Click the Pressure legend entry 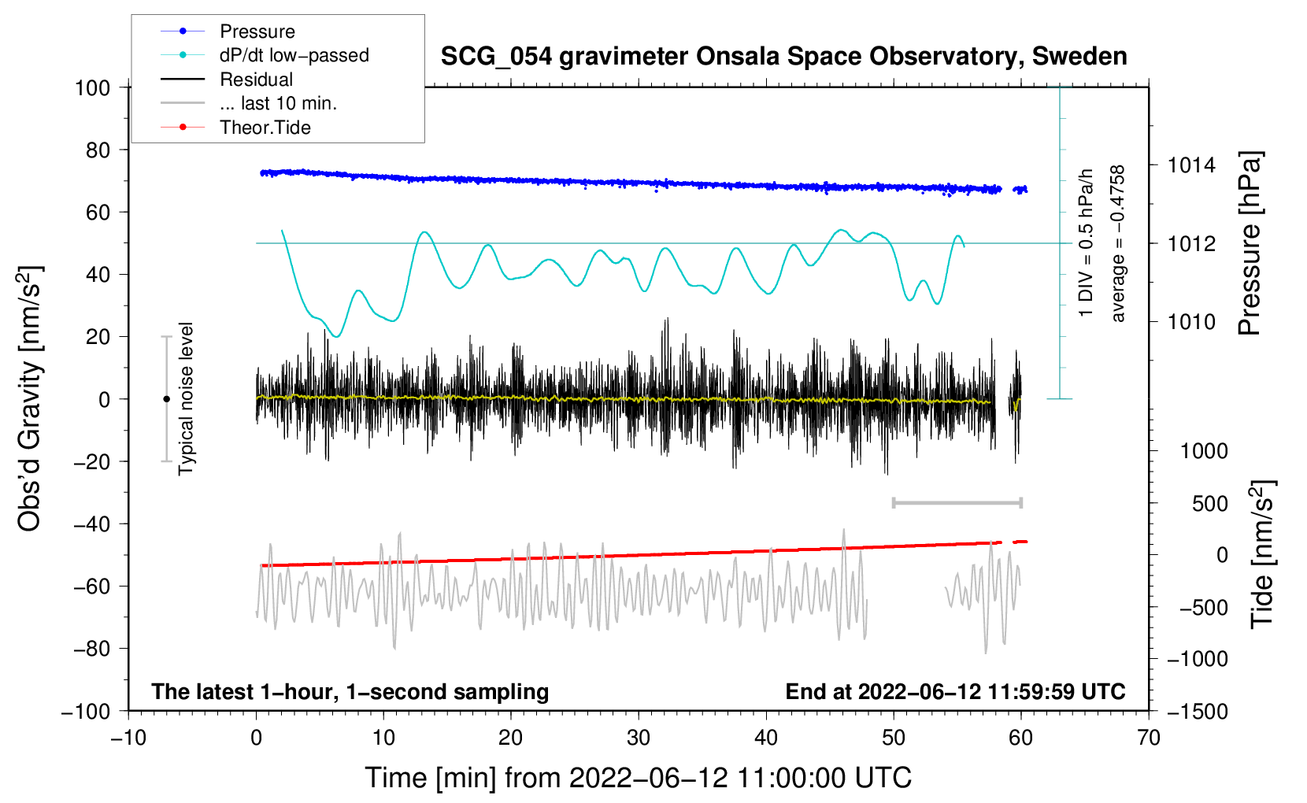[257, 31]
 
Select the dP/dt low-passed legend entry [294, 55]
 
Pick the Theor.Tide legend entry [265, 128]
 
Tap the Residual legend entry [256, 80]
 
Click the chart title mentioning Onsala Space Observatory [783, 57]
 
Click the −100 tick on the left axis [86, 711]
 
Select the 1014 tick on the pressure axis [1190, 165]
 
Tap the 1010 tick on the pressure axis [1190, 321]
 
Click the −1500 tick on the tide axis [1197, 711]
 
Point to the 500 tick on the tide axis [1209, 503]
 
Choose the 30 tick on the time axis [639, 738]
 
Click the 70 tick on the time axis [1149, 738]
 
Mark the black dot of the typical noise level [166, 399]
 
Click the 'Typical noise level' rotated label [186, 398]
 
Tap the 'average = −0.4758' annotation [1118, 244]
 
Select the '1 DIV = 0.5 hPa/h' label [1087, 242]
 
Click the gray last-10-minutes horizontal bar [957, 502]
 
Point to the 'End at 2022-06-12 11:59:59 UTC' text [955, 691]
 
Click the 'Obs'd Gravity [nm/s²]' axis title [30, 398]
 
